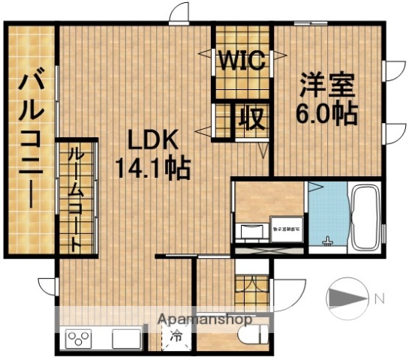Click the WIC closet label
242,61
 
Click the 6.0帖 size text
325,112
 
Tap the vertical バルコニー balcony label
30,139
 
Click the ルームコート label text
77,199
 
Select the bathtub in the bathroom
365,217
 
